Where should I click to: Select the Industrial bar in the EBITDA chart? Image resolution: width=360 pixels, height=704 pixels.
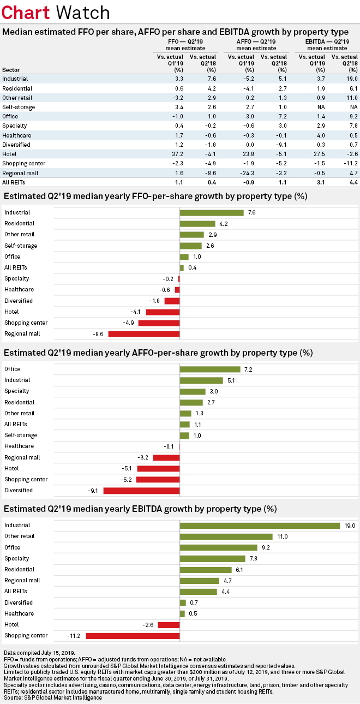pos(260,526)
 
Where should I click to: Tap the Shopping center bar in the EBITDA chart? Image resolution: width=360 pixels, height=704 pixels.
pos(133,636)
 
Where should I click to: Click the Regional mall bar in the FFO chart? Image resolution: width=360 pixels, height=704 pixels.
pos(144,334)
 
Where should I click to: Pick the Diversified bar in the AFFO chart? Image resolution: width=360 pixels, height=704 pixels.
pos(142,491)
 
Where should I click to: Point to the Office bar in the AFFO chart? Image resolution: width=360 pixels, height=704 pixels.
pos(210,369)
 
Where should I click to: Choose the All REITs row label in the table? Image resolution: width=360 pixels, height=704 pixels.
pos(14,182)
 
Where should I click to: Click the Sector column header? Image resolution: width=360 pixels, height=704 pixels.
pos(11,70)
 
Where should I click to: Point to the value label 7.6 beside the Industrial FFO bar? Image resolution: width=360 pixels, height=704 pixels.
pos(252,213)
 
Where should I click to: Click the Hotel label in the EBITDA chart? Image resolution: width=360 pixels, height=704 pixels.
pos(11,624)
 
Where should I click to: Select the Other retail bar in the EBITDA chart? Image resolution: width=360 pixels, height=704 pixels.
pos(226,536)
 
